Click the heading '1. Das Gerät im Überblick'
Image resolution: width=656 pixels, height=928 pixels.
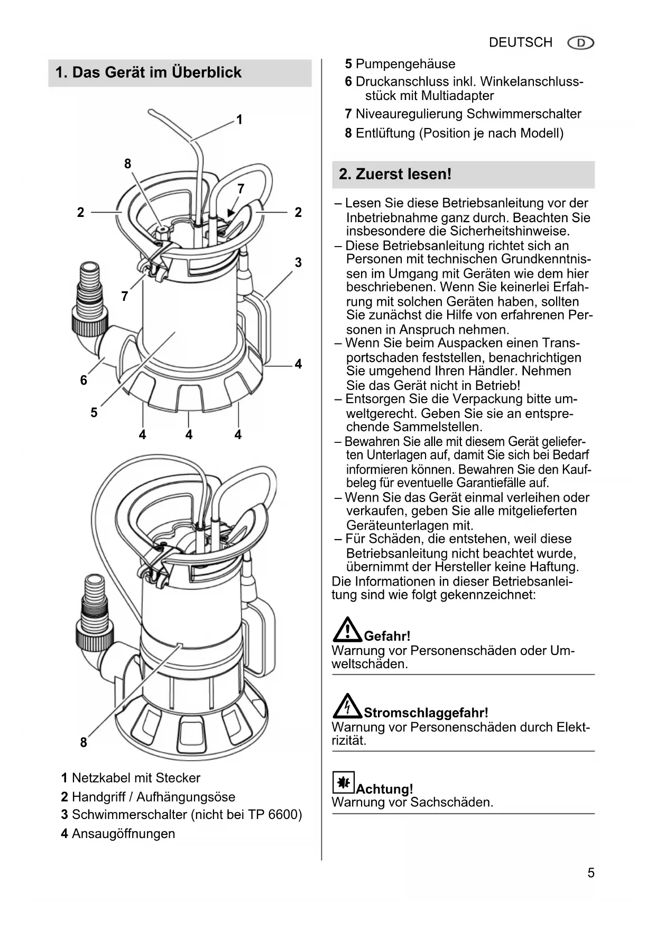point(148,72)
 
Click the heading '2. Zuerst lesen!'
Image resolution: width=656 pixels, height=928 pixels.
point(395,174)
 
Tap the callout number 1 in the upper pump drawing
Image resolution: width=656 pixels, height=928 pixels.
point(239,120)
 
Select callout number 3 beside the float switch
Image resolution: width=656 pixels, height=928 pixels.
point(298,262)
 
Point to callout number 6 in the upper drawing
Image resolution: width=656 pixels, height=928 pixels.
point(84,380)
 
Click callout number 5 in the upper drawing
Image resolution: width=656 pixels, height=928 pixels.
point(94,412)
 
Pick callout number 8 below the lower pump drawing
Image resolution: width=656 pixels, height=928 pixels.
point(84,742)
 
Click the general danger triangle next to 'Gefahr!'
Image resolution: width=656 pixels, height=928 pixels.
point(347,630)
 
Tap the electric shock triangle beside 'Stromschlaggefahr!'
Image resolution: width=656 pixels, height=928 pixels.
point(347,706)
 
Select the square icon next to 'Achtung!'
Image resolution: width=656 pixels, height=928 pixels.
point(343,782)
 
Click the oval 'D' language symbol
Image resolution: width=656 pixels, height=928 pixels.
point(580,43)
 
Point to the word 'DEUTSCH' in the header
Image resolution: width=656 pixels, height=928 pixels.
point(520,42)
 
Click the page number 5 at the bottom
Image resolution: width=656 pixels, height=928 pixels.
point(591,872)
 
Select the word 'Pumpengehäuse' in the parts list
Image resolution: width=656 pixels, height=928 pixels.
point(405,64)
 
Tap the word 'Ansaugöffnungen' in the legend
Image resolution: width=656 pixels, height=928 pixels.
point(123,833)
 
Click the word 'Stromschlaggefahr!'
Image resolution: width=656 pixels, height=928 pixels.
point(426,713)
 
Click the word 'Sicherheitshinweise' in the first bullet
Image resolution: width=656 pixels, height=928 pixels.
point(509,231)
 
